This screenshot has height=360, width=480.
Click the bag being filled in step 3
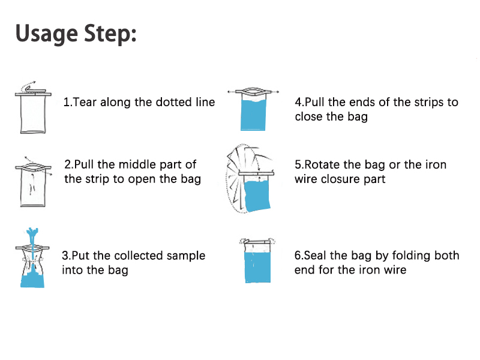click(x=32, y=264)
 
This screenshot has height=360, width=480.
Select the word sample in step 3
click(x=186, y=256)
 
